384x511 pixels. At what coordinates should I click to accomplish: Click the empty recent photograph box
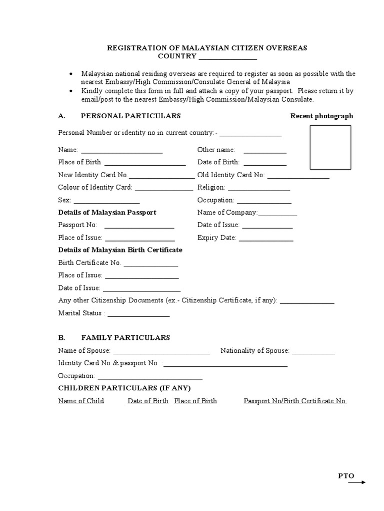point(330,148)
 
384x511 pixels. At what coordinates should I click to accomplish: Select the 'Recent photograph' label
point(321,116)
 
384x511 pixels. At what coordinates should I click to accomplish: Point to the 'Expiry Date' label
point(216,238)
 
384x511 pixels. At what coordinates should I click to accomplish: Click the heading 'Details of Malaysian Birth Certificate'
point(120,250)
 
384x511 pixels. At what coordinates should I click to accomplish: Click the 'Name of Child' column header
point(81,401)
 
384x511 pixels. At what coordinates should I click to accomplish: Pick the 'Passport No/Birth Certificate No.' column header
point(295,401)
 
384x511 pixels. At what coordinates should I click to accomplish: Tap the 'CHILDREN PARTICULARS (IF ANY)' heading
point(124,388)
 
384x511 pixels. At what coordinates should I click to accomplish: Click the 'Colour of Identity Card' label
point(95,187)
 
